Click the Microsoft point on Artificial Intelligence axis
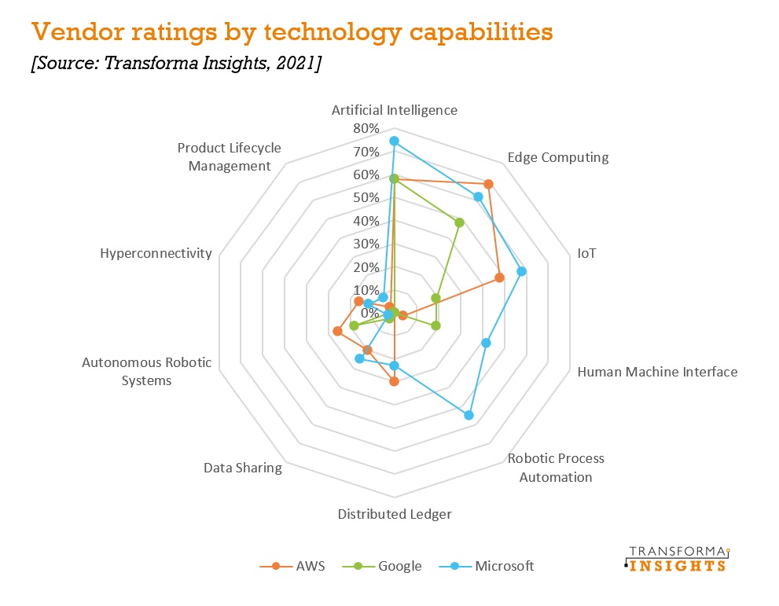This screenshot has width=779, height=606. pos(394,141)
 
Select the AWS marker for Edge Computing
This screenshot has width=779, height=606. pos(488,184)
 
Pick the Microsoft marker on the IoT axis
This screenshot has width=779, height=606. pos(522,271)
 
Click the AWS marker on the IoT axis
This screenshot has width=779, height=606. pos(499,277)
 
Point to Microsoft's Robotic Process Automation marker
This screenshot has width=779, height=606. pos(469,415)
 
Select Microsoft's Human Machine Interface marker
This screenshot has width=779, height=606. pos(486,343)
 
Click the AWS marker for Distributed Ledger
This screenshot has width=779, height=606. pos(394,382)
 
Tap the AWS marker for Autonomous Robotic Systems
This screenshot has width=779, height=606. pos(337,331)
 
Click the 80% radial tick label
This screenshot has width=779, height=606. pos(366,129)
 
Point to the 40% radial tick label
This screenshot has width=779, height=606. pos(366,221)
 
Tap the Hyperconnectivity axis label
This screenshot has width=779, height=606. pos(156,253)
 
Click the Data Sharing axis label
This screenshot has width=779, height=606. pos(242,468)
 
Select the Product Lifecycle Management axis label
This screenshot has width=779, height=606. pos(229,156)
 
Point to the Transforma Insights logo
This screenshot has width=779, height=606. pos(677,559)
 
